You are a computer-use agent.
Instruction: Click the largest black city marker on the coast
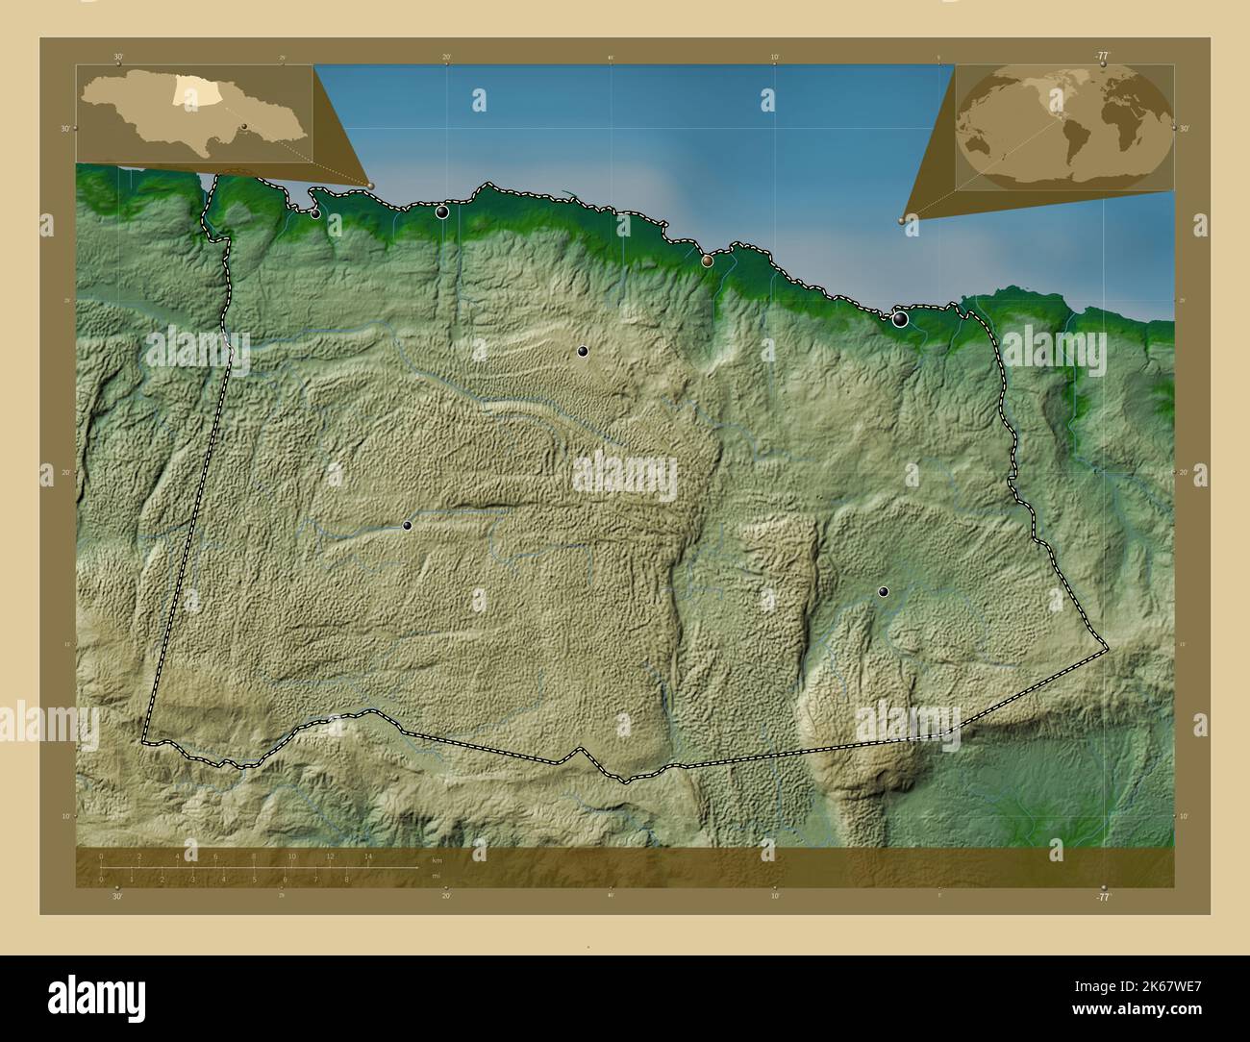(x=900, y=319)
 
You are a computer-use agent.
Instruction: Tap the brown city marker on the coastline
(x=708, y=260)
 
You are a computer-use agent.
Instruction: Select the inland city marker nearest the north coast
(x=582, y=352)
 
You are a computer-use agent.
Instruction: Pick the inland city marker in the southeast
(x=883, y=592)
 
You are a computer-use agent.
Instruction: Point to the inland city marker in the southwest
(x=407, y=526)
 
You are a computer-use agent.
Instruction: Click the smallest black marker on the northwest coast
(x=315, y=213)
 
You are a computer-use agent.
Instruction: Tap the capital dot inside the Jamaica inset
(x=245, y=126)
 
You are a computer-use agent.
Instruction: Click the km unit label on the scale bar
(x=437, y=859)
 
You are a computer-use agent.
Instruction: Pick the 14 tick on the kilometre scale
(x=368, y=856)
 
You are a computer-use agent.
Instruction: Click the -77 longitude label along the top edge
(x=1102, y=56)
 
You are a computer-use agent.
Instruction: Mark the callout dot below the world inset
(x=902, y=220)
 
